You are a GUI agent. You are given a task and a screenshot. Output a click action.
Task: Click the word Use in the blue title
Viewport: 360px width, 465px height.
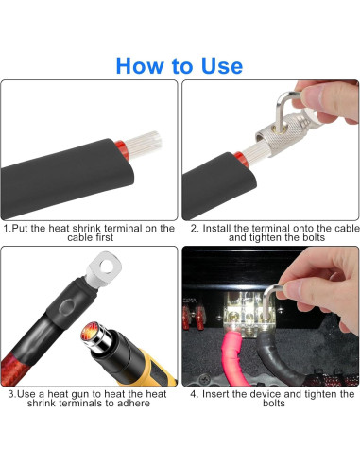[222, 66]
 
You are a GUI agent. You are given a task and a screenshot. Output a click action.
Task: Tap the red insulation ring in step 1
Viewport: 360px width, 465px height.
[122, 149]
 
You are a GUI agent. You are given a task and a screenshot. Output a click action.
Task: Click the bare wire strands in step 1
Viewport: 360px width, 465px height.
[145, 145]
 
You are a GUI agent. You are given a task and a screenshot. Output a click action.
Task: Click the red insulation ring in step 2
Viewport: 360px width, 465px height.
[242, 159]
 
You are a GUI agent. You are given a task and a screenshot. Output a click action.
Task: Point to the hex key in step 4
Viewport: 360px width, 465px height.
[270, 300]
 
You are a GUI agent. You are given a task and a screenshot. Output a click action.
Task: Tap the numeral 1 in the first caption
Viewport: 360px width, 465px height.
[6, 228]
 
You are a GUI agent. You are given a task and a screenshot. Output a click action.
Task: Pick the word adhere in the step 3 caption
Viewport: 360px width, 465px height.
[134, 404]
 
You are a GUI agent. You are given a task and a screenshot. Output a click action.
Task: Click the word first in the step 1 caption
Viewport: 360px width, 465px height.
[105, 237]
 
